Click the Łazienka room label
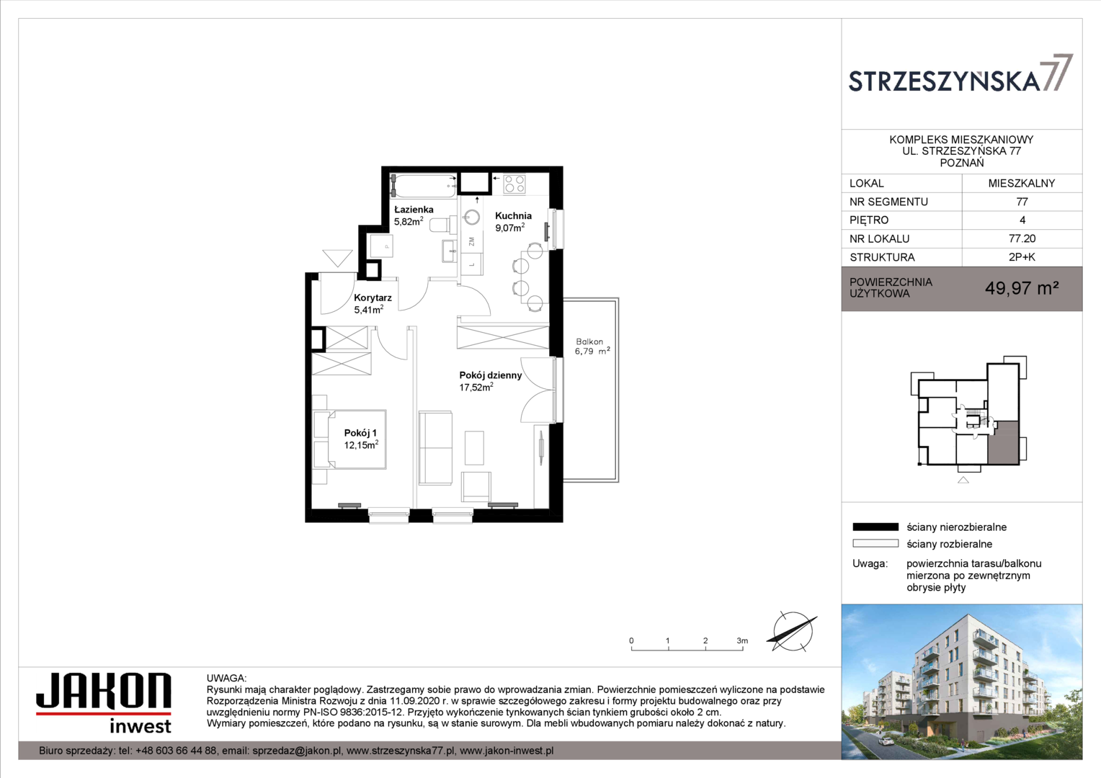click(x=414, y=210)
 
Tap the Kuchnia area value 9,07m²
click(x=509, y=228)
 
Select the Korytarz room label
click(x=373, y=298)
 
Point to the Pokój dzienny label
click(x=491, y=375)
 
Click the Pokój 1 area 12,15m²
click(x=361, y=444)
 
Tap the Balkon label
click(x=589, y=341)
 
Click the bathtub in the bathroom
click(x=423, y=186)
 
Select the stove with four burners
click(x=514, y=184)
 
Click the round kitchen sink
click(x=472, y=218)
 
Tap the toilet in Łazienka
click(x=443, y=225)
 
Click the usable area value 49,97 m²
click(x=1021, y=288)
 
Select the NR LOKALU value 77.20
click(x=1022, y=239)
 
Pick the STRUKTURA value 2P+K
click(x=1022, y=257)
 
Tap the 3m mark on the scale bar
click(x=742, y=641)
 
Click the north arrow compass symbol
click(x=792, y=631)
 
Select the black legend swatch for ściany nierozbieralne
click(x=875, y=527)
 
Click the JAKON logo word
click(x=104, y=691)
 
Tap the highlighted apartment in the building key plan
click(x=1003, y=443)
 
